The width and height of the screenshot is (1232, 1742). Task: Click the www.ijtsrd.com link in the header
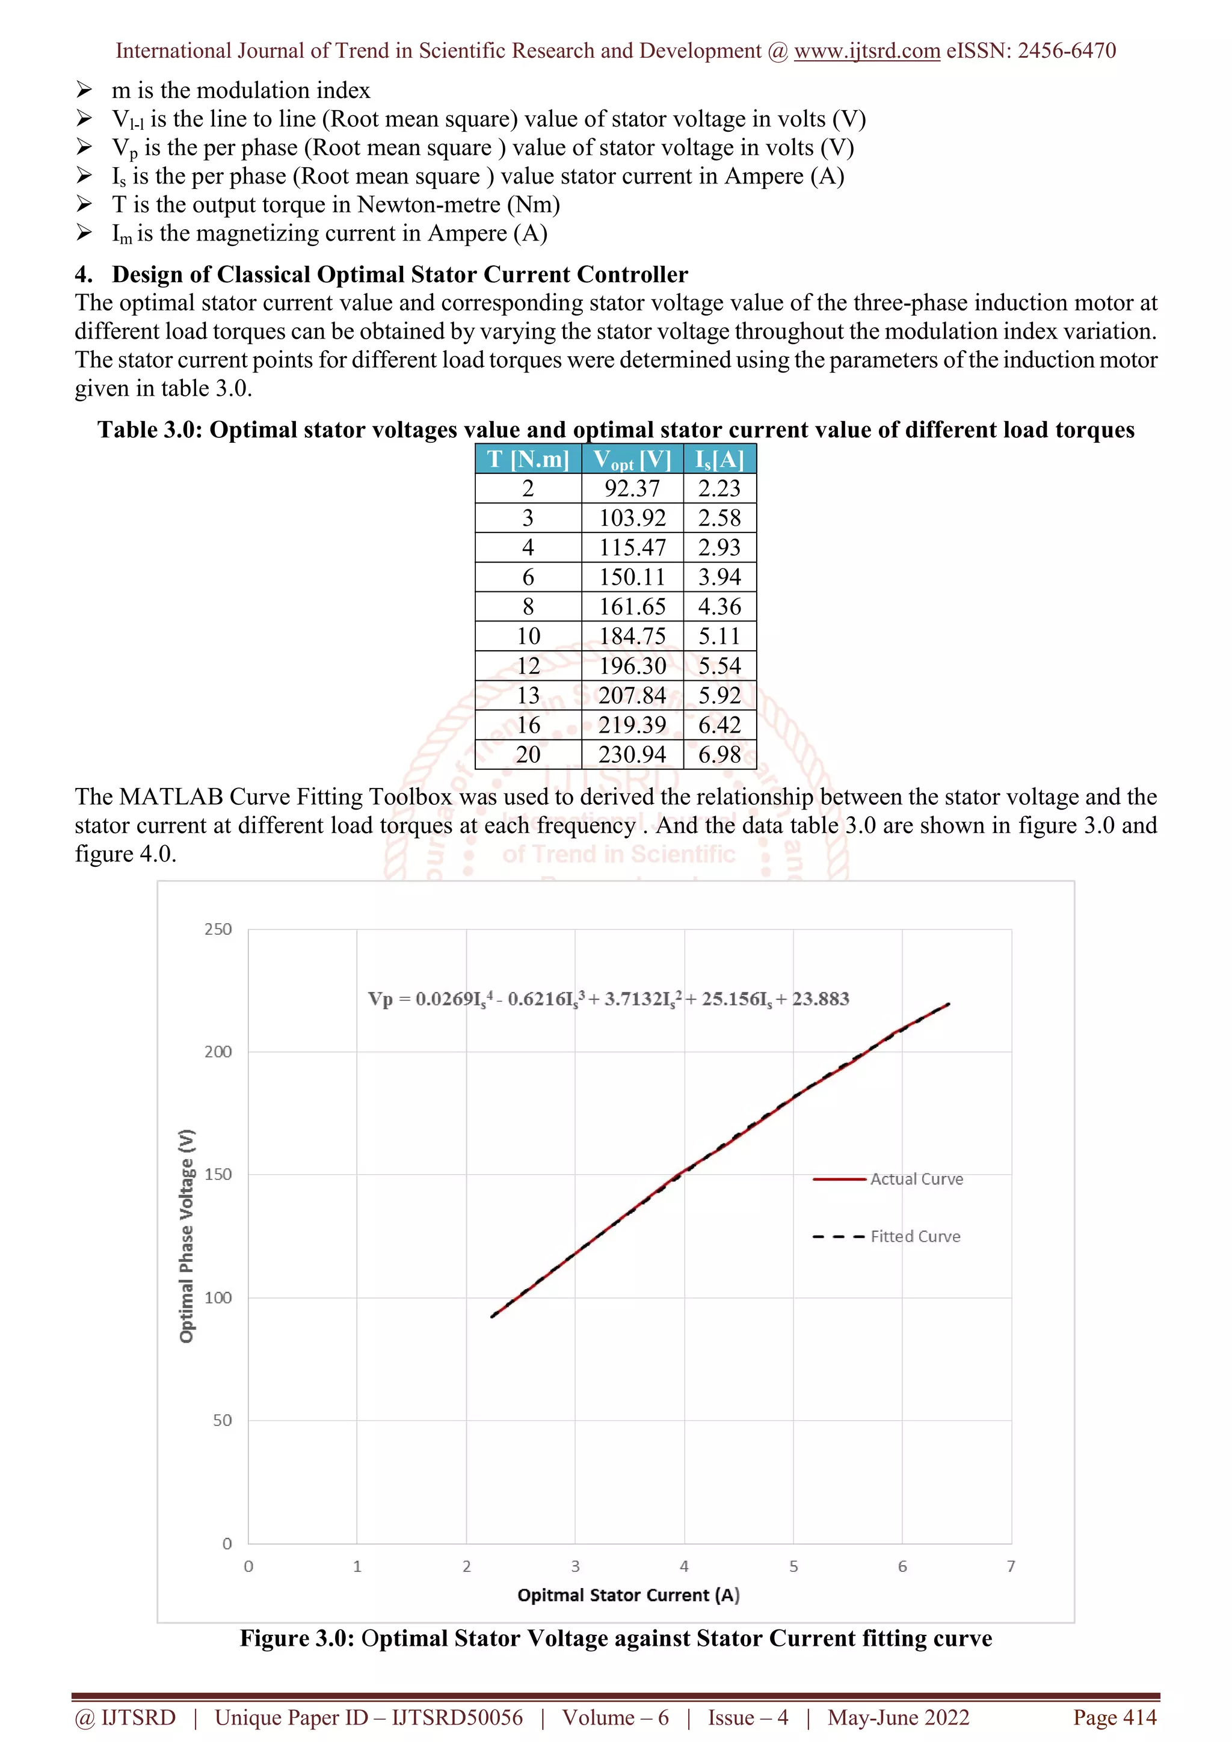pos(866,51)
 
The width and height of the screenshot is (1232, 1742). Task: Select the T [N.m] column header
pos(528,459)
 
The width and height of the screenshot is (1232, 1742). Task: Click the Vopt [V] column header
pos(632,460)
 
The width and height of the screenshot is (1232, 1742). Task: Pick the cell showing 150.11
pos(632,577)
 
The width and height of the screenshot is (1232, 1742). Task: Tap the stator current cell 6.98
pos(719,754)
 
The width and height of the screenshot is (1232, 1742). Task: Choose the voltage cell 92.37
pos(632,488)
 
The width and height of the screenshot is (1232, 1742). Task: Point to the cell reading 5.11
pos(719,636)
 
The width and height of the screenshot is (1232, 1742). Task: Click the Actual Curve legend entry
pos(916,1179)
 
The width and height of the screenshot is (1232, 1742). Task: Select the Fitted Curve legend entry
pos(915,1236)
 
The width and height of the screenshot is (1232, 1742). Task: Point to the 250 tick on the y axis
pos(218,929)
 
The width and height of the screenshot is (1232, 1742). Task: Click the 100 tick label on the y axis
pos(218,1297)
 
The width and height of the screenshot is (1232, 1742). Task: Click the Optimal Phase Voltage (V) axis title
pos(186,1236)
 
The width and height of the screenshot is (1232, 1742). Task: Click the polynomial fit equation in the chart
pos(608,999)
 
